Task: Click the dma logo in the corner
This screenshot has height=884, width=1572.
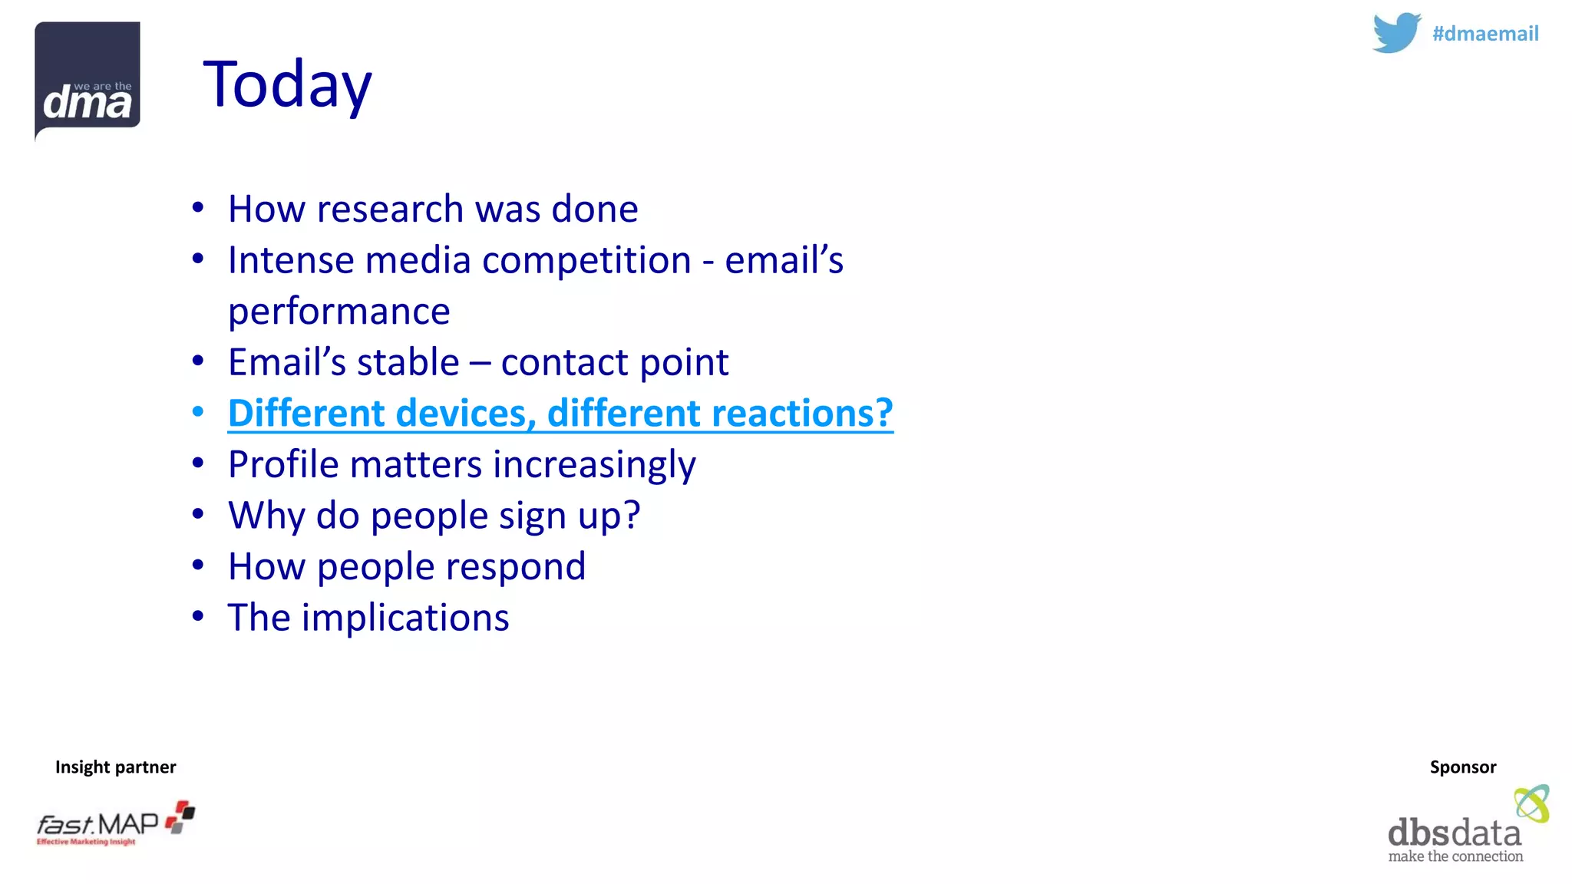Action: tap(87, 80)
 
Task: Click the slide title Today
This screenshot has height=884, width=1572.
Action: tap(287, 84)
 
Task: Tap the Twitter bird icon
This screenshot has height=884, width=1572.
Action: tap(1396, 32)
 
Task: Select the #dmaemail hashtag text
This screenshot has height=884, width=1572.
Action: tap(1485, 34)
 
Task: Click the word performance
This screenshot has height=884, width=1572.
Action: tap(339, 312)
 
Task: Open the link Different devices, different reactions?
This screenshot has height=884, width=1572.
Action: tap(560, 414)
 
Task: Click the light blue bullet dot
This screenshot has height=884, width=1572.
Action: tap(198, 413)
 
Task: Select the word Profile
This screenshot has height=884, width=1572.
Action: tap(283, 464)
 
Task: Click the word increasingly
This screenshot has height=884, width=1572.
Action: tap(594, 465)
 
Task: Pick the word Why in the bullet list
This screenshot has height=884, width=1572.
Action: tap(266, 516)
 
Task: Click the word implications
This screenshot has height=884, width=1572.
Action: tap(405, 618)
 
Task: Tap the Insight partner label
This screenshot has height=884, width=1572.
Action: tap(115, 767)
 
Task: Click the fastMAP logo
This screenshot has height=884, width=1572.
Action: tap(115, 824)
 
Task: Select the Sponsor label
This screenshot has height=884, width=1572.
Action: tap(1462, 767)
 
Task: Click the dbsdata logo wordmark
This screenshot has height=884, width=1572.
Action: tap(1454, 833)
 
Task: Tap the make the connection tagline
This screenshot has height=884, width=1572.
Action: tap(1455, 856)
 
